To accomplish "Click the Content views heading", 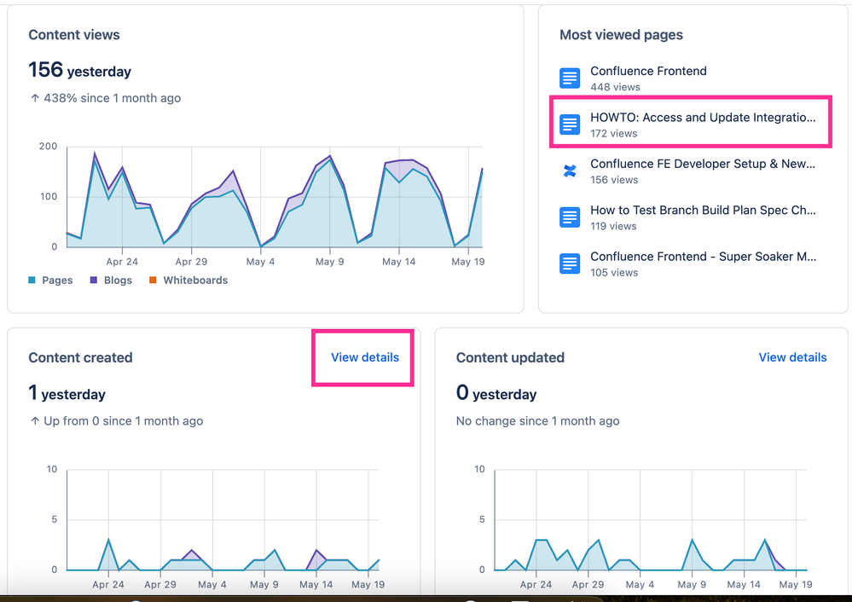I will point(74,35).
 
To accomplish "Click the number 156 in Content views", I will point(45,70).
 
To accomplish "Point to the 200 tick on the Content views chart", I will point(48,147).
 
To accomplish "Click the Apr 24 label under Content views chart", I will point(122,262).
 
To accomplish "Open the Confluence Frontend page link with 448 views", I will point(648,72).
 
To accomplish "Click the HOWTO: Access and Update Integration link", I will point(702,118).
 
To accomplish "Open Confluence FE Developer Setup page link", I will point(703,164).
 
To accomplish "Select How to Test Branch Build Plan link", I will point(703,210).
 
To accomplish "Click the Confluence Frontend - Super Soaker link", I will point(703,257).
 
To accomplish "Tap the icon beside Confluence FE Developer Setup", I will point(570,171).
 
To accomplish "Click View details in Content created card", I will point(365,357).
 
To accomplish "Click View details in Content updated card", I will point(792,357).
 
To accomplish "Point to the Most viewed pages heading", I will point(621,35).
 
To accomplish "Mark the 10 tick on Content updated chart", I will point(479,469).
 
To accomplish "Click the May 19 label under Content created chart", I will point(368,585).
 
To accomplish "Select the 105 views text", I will point(614,272).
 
